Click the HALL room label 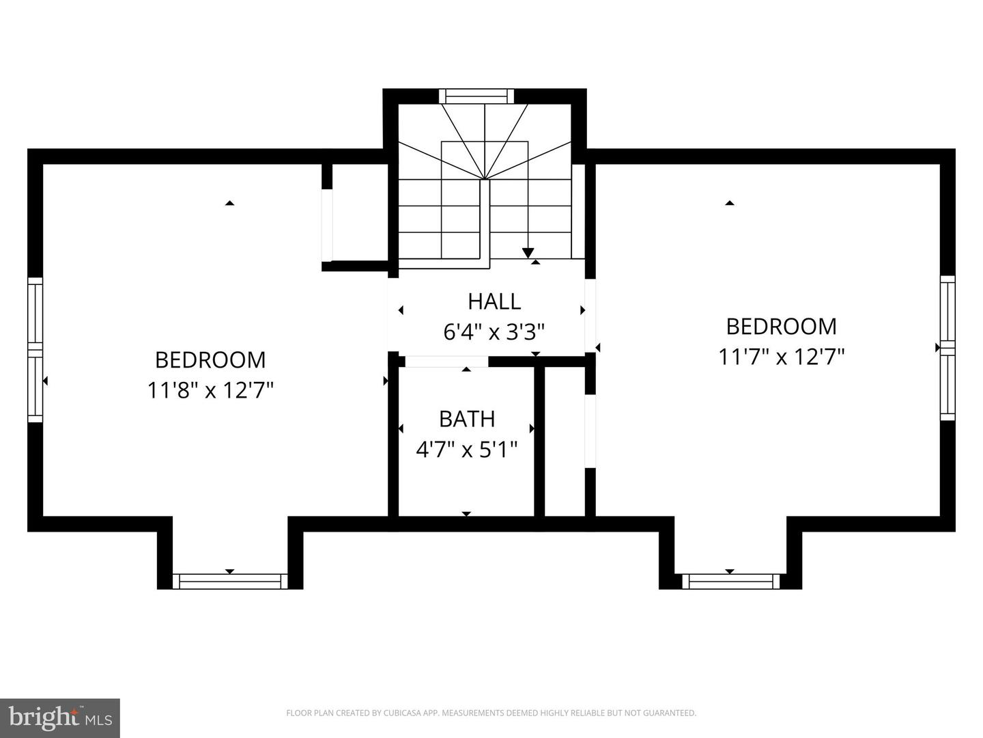coord(494,301)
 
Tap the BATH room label coord(467,419)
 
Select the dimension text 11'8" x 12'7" coord(211,391)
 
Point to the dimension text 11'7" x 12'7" coord(782,357)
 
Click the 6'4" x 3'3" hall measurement coord(494,333)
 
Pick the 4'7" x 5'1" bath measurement coord(467,450)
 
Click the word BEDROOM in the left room coord(211,359)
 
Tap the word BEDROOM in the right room coord(782,327)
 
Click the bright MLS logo coord(60,718)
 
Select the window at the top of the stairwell coord(476,96)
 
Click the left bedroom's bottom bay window coord(229,582)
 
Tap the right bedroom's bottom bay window coord(730,582)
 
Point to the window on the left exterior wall coord(35,349)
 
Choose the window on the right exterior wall coord(947,348)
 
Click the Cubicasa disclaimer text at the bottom coord(491,713)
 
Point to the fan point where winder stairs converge coord(485,179)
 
